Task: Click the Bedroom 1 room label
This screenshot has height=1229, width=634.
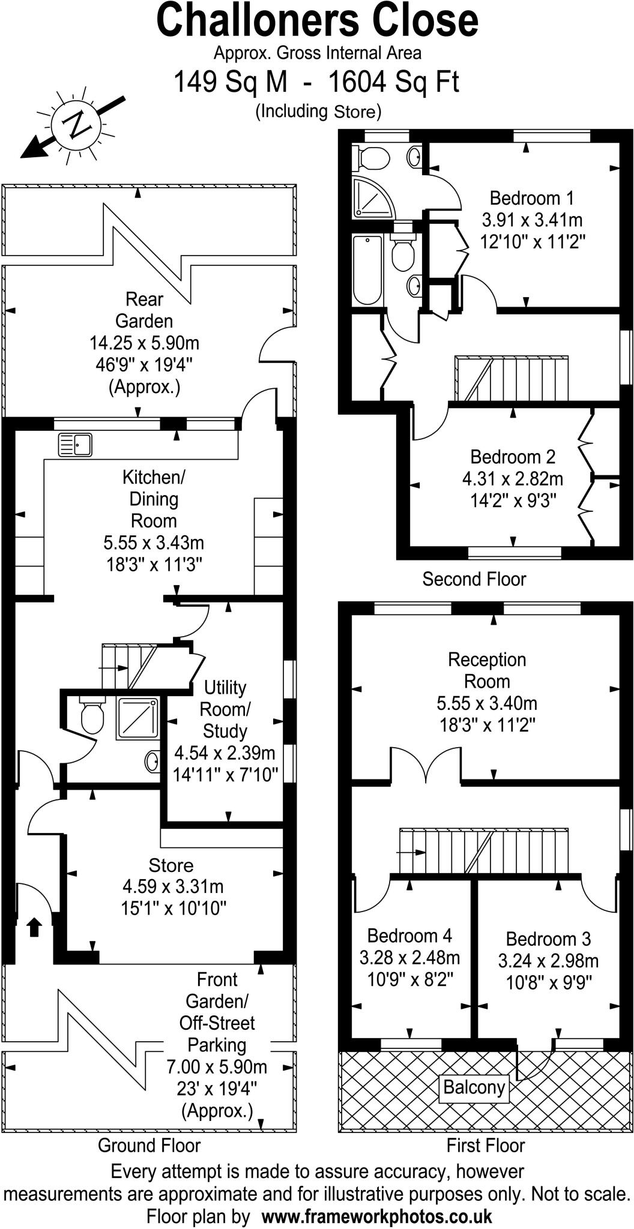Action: click(x=531, y=197)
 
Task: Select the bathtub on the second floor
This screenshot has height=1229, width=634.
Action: click(x=367, y=270)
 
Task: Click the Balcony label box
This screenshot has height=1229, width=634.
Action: click(x=474, y=1087)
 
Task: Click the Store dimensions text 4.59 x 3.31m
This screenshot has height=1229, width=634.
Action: click(x=173, y=886)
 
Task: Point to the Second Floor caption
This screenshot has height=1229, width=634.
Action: click(x=474, y=579)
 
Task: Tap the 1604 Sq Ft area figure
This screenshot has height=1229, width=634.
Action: click(x=393, y=82)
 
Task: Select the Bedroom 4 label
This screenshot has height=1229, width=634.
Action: click(x=409, y=936)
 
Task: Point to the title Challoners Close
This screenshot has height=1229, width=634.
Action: click(x=317, y=21)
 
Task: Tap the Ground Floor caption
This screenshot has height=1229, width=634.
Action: click(x=149, y=1145)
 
